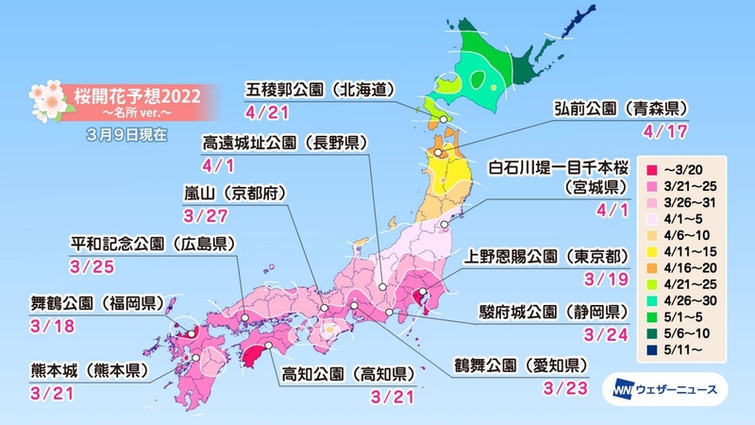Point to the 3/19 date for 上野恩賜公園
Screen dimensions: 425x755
click(601, 280)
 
